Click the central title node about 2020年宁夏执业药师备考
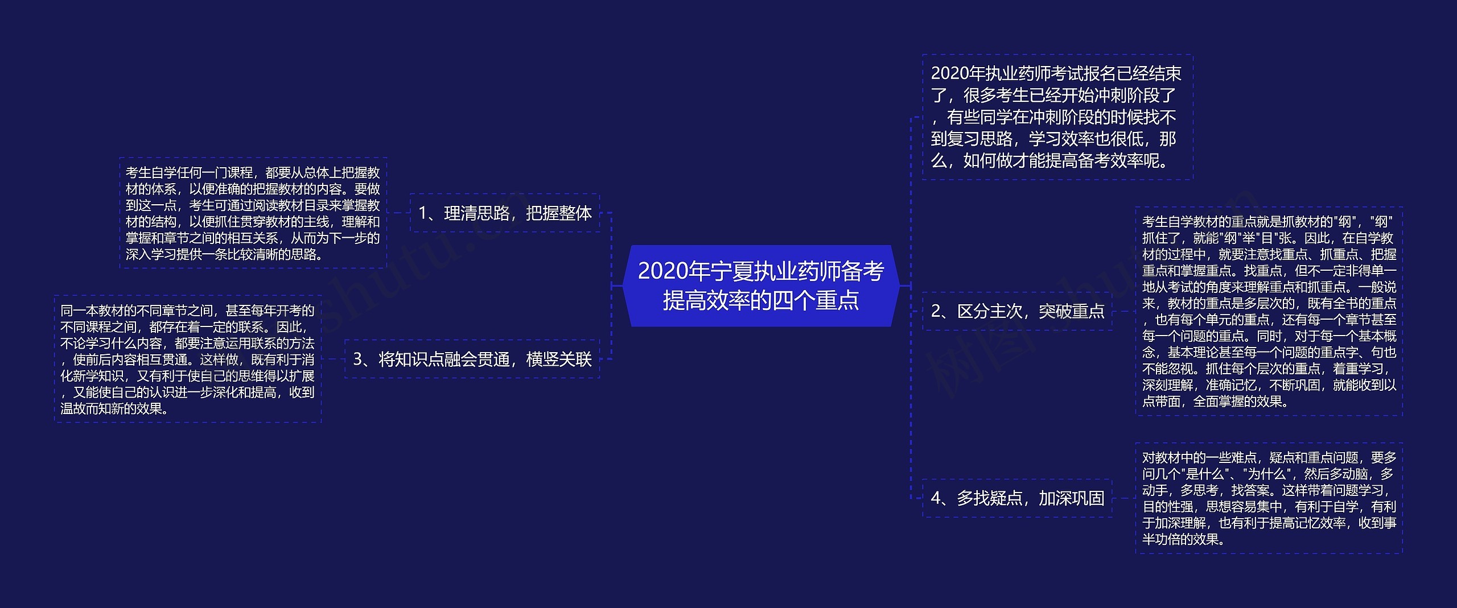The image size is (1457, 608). [761, 286]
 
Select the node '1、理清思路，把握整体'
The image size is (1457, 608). [505, 213]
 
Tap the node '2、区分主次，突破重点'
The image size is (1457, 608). [1017, 311]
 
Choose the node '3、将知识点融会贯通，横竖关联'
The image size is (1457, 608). [472, 359]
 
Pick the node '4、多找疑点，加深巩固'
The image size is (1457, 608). [1017, 498]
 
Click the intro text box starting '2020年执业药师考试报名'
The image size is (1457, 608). [1057, 117]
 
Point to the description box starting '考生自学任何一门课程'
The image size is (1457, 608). [253, 213]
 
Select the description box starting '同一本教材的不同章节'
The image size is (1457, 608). [187, 359]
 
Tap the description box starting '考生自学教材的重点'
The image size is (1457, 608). [1269, 311]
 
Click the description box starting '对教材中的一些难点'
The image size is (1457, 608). [1269, 498]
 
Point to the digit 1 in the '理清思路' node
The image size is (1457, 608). [423, 214]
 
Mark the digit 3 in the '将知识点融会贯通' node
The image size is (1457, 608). [358, 359]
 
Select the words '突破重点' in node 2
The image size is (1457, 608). [1072, 311]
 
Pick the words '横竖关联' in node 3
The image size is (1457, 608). [559, 359]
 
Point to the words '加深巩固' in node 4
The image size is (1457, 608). [1072, 498]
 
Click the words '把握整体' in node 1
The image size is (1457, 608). [559, 213]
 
